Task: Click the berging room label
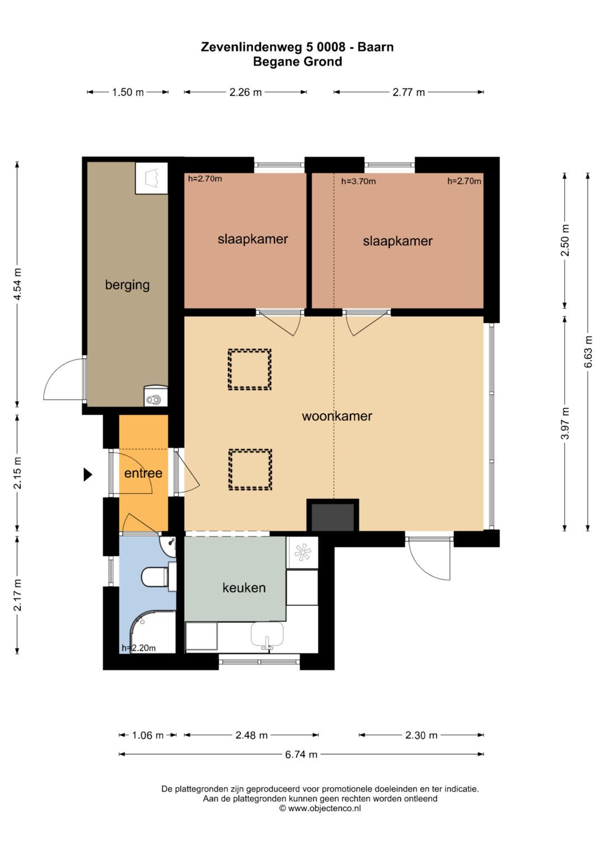[127, 285]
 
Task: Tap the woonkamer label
[337, 416]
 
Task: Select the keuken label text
[244, 587]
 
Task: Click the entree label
[143, 473]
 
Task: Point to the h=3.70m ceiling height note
[359, 181]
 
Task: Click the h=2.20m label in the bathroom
[139, 648]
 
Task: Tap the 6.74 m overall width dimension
[301, 755]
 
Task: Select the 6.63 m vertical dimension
[588, 352]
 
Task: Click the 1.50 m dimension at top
[128, 92]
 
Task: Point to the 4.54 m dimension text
[17, 284]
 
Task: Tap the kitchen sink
[267, 635]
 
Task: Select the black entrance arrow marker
[88, 474]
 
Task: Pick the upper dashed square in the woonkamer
[250, 369]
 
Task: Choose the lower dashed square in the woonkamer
[250, 469]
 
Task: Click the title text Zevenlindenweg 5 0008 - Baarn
[297, 47]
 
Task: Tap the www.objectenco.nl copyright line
[320, 808]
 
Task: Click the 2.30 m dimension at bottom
[421, 735]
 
